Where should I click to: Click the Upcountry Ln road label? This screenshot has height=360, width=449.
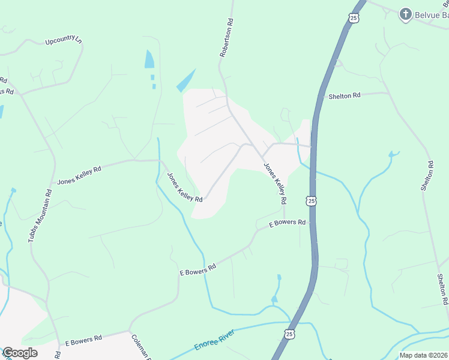click(x=63, y=41)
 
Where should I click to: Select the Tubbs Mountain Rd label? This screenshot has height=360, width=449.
click(x=40, y=215)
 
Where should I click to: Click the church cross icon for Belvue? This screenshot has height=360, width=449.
click(x=406, y=13)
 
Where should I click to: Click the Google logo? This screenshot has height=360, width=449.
click(x=19, y=353)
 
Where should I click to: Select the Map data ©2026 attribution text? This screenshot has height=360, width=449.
click(x=423, y=355)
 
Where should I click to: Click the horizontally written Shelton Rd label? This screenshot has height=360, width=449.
click(x=344, y=95)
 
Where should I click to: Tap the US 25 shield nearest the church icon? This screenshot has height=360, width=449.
click(x=354, y=18)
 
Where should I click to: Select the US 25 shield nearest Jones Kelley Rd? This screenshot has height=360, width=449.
click(x=310, y=201)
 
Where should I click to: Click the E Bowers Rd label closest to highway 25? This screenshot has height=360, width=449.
click(x=288, y=223)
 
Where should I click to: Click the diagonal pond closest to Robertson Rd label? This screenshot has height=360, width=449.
click(x=186, y=80)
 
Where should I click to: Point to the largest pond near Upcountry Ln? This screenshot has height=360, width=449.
click(x=149, y=59)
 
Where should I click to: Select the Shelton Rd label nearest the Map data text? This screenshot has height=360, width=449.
click(x=442, y=289)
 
